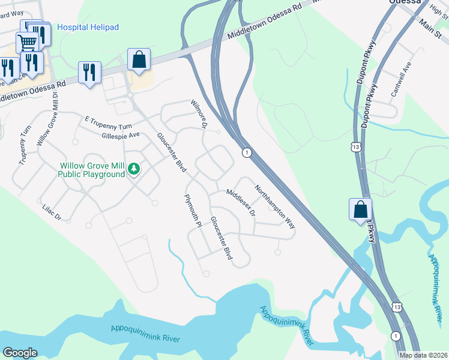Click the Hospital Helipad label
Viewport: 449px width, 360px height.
click(88, 27)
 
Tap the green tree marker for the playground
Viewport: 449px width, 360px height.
click(134, 170)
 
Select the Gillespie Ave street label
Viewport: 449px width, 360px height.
click(121, 136)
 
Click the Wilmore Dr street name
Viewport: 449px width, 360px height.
click(199, 114)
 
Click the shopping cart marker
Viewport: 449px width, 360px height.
click(27, 43)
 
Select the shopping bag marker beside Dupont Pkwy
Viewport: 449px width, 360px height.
click(360, 209)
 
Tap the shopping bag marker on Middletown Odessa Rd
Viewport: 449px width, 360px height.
click(139, 59)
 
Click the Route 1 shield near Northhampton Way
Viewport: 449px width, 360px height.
click(247, 153)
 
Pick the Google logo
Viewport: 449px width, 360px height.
click(20, 353)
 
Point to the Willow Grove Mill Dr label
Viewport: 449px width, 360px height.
click(48, 119)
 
